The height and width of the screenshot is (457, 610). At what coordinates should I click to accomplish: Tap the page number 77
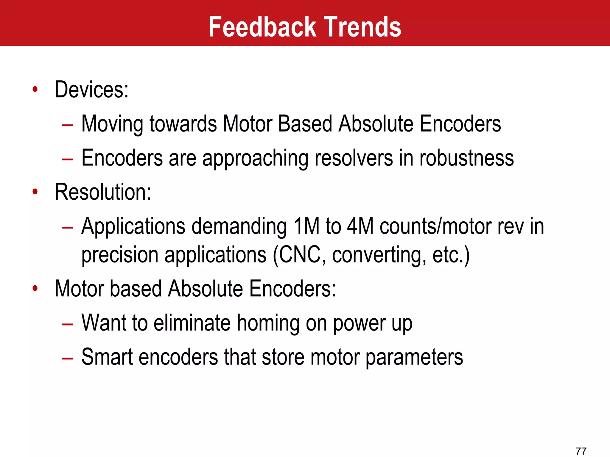(581, 451)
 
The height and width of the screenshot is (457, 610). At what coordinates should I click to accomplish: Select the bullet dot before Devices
(35, 89)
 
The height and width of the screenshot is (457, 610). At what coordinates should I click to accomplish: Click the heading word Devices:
(91, 90)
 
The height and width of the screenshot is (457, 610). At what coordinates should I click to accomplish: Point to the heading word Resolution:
(103, 192)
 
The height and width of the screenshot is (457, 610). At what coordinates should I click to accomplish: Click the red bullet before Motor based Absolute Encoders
(35, 288)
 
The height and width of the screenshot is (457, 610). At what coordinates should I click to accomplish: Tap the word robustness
(466, 158)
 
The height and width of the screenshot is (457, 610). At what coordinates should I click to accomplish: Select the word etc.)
(451, 255)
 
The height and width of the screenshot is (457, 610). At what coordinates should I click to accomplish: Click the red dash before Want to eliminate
(67, 324)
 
